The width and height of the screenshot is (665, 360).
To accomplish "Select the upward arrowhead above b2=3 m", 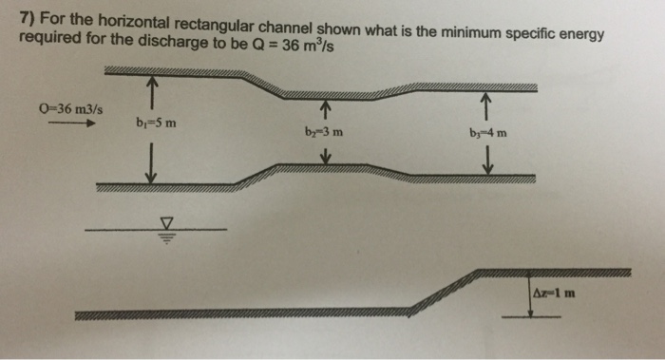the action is [x=326, y=105].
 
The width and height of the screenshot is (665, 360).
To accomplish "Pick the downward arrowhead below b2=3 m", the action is [x=325, y=160].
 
